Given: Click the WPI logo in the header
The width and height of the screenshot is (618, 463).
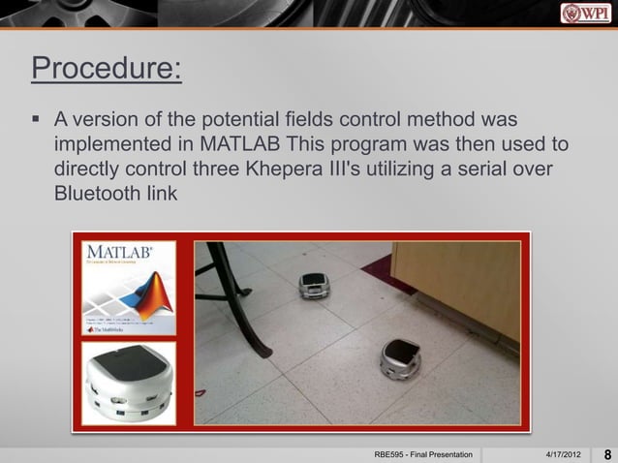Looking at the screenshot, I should tap(587, 13).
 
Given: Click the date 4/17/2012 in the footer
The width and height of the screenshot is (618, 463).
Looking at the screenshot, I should tap(566, 453).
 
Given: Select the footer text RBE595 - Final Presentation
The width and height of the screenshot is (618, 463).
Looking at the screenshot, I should tap(423, 453).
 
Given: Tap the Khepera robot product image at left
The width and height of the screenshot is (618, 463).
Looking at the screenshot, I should tap(128, 383).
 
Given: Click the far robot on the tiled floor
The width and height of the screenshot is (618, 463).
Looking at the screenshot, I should tap(314, 285).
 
